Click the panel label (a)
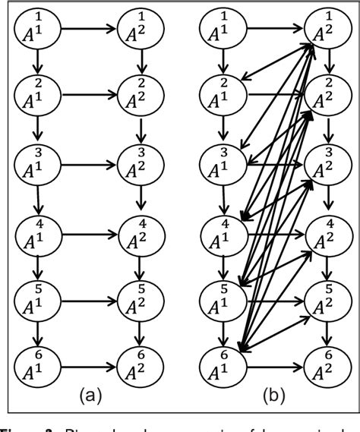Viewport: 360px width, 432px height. pos(90,396)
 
